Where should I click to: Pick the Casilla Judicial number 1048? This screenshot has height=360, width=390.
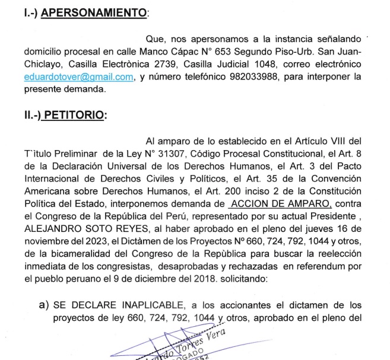(x=263, y=64)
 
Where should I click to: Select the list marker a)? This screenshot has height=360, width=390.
(x=43, y=305)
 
